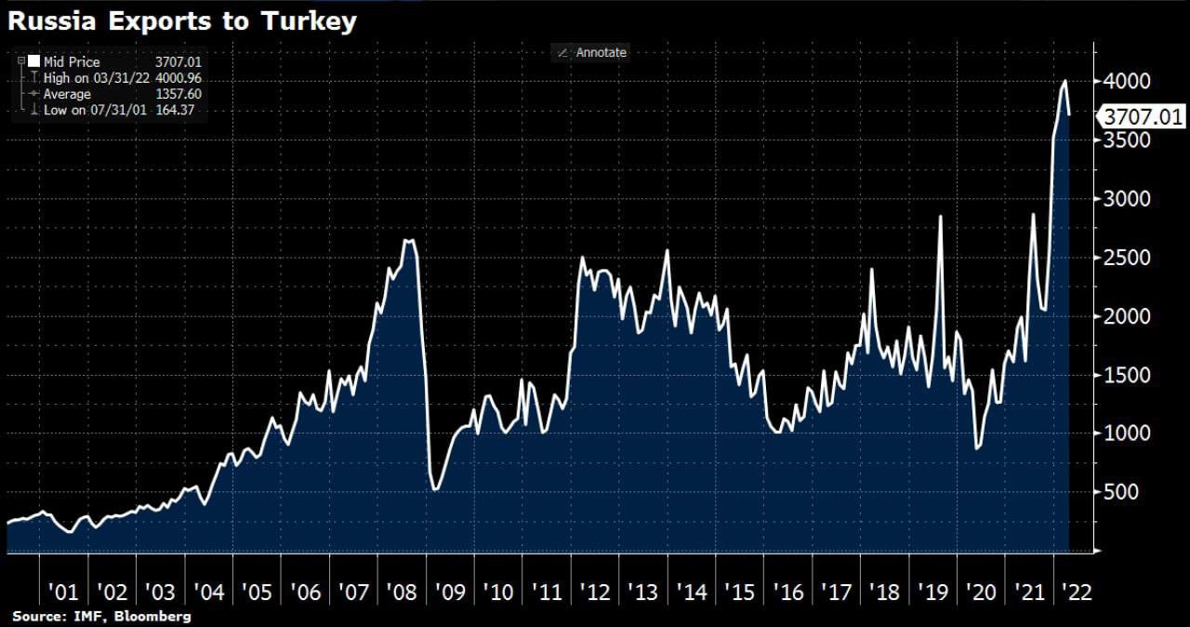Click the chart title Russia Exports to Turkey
click(182, 21)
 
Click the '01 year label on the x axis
click(63, 593)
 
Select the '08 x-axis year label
click(403, 593)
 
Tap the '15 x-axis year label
click(741, 593)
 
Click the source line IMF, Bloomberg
click(101, 617)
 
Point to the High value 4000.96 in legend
click(178, 78)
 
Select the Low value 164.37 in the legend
click(181, 110)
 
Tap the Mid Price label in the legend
click(72, 62)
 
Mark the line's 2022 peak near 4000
click(1064, 81)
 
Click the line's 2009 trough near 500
click(435, 490)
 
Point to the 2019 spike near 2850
click(941, 217)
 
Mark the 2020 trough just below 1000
click(977, 448)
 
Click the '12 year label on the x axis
click(596, 593)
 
